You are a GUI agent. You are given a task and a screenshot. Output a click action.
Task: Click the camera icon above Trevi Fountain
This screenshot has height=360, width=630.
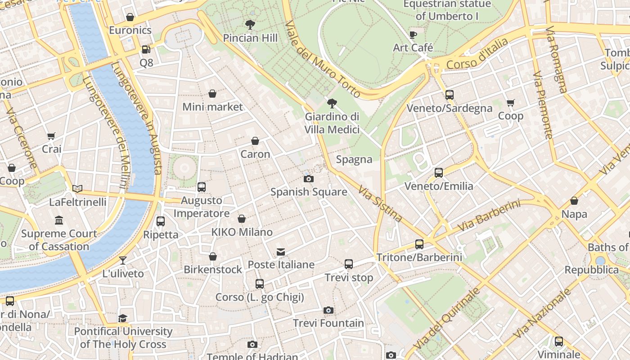[328, 310]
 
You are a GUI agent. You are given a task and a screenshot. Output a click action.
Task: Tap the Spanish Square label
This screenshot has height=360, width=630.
[309, 192]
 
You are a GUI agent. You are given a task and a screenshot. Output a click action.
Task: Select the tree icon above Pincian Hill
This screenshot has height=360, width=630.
[250, 25]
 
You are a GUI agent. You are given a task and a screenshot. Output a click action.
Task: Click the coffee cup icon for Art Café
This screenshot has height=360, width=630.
[413, 35]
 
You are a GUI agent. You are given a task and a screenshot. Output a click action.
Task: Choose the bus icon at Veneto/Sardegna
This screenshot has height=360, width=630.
[449, 94]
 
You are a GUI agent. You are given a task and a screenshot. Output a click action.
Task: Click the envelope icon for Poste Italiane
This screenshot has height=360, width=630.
[281, 252]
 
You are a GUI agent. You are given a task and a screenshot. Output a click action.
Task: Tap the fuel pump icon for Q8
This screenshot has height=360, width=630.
[146, 49]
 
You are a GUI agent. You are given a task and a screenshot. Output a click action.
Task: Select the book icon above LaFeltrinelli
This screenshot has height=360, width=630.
[77, 189]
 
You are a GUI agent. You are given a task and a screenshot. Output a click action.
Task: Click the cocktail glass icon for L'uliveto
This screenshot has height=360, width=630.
[122, 261]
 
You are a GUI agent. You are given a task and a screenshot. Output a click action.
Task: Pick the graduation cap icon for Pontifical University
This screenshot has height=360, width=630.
[123, 319]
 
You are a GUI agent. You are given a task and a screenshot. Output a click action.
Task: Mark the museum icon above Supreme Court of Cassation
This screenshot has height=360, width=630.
[59, 220]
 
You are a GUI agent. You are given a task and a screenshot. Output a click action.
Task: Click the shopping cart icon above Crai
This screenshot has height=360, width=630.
[51, 136]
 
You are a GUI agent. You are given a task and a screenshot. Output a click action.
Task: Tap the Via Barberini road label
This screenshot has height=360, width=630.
[489, 216]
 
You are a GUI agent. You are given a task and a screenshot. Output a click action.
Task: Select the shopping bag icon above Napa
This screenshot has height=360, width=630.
[574, 201]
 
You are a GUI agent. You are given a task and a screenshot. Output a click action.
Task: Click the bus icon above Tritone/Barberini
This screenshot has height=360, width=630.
[419, 244]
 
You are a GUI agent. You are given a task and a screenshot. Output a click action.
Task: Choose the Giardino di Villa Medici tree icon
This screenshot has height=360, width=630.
[332, 104]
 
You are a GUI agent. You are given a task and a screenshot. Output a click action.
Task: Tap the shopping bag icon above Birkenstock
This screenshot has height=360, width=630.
[213, 256]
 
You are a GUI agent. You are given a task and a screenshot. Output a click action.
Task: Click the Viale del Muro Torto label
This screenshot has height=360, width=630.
[323, 59]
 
